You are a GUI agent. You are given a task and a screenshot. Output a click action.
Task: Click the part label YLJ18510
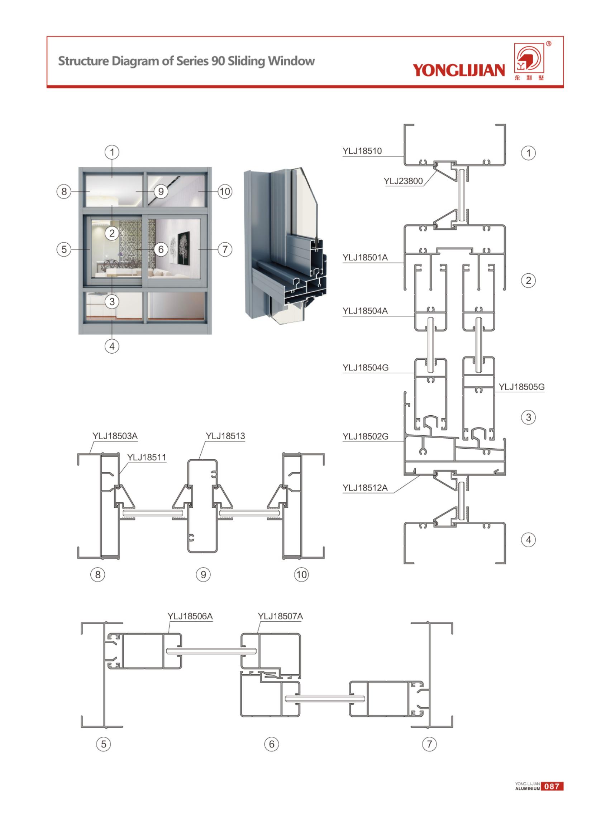pos(362,151)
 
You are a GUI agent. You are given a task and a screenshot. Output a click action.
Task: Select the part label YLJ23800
pos(403,181)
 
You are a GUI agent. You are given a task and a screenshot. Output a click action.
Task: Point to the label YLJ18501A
pos(365,257)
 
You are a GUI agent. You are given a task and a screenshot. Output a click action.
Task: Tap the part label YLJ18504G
pos(365,368)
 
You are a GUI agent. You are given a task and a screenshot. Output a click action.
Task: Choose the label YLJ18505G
pos(521,387)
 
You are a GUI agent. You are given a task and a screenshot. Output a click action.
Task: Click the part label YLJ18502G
pos(365,436)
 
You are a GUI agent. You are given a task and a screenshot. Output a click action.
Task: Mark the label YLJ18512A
pos(365,488)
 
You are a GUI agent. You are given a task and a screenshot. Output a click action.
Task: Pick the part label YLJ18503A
pos(115,436)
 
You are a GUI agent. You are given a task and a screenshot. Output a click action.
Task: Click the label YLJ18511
pos(147,457)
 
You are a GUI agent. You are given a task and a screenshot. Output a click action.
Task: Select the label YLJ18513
pos(225,436)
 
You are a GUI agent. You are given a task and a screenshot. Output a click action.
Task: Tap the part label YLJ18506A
pos(190,616)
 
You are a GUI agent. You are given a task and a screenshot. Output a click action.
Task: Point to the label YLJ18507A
pos(280,616)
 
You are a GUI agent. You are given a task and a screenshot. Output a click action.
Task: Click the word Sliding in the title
pos(246,61)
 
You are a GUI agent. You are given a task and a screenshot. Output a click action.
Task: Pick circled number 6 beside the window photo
pos(161,249)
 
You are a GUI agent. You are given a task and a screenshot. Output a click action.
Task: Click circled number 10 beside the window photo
pos(225,192)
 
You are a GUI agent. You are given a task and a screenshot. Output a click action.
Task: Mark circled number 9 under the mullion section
pos(203,574)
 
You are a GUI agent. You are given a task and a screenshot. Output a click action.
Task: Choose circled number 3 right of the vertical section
pos(528,417)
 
